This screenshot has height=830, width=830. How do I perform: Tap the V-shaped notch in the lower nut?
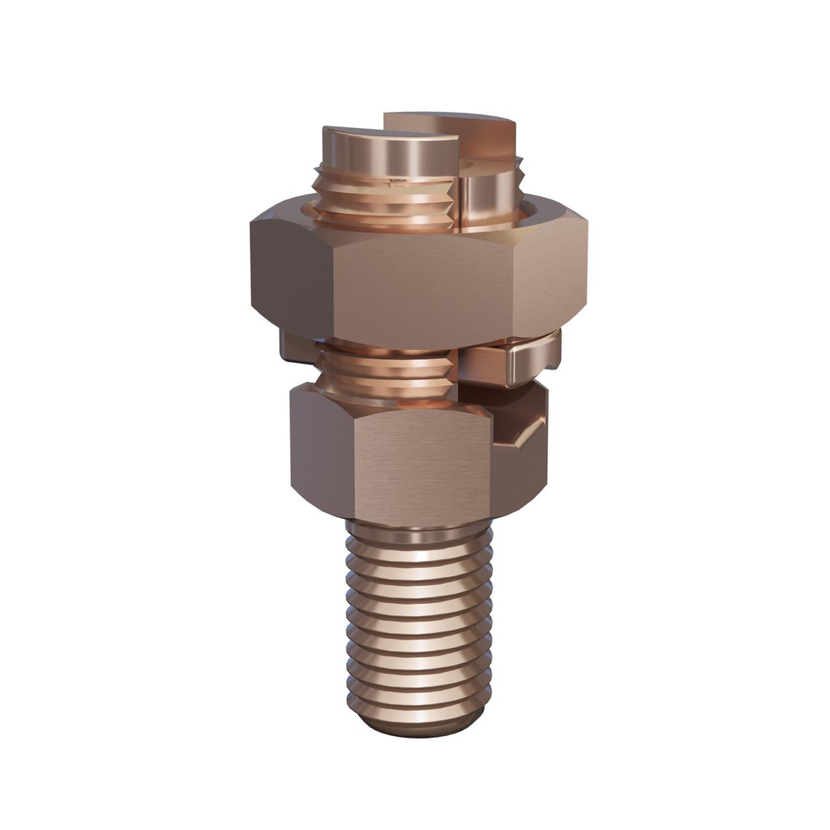click(523, 434)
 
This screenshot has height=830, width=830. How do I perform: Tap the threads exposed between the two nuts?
click(385, 373)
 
